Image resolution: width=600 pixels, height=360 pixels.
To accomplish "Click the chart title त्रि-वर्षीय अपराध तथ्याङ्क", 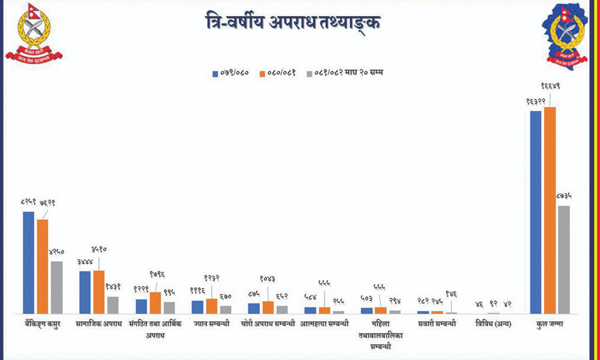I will (293, 23).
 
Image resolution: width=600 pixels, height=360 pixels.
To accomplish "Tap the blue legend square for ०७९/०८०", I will (216, 74).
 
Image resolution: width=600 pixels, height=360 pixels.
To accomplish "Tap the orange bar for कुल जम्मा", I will (550, 210).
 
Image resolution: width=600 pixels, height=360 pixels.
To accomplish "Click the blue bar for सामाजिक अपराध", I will (85, 292).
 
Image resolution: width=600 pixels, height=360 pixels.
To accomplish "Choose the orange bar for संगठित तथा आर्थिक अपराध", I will (155, 302).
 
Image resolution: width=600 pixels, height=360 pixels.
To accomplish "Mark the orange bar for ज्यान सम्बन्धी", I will (211, 306).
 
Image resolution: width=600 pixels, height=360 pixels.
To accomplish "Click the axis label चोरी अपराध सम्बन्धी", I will (269, 325).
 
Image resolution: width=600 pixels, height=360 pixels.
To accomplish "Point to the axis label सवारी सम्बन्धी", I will (437, 325).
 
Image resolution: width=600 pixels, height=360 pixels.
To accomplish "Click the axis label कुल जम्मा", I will (550, 325).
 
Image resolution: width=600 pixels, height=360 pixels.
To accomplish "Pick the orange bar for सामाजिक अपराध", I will (99, 292).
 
